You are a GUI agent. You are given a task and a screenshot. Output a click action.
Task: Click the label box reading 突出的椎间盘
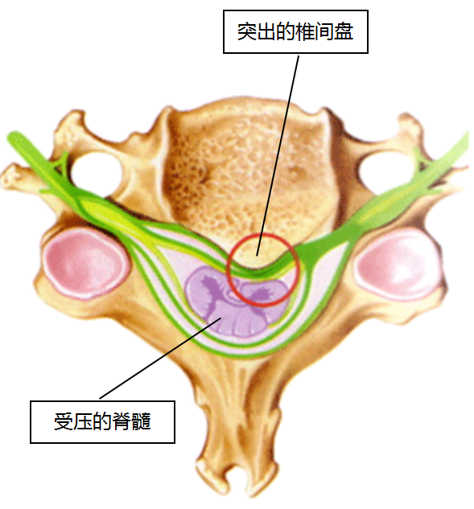295,31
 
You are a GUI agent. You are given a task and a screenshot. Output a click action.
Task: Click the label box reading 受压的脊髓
103,421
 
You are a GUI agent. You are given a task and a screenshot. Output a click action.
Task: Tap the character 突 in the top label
246,32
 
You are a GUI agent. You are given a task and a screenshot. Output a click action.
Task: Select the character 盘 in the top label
344,32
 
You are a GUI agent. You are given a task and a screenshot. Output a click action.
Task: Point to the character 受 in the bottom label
64,421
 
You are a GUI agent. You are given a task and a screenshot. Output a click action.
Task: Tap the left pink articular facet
85,262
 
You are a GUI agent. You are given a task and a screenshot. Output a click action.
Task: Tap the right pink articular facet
398,263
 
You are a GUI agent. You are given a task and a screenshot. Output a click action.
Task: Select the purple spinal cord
236,302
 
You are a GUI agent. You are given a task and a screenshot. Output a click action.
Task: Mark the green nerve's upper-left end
13,137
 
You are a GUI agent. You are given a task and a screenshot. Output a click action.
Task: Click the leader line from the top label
278,155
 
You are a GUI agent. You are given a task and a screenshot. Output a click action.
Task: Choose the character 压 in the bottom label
83,421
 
